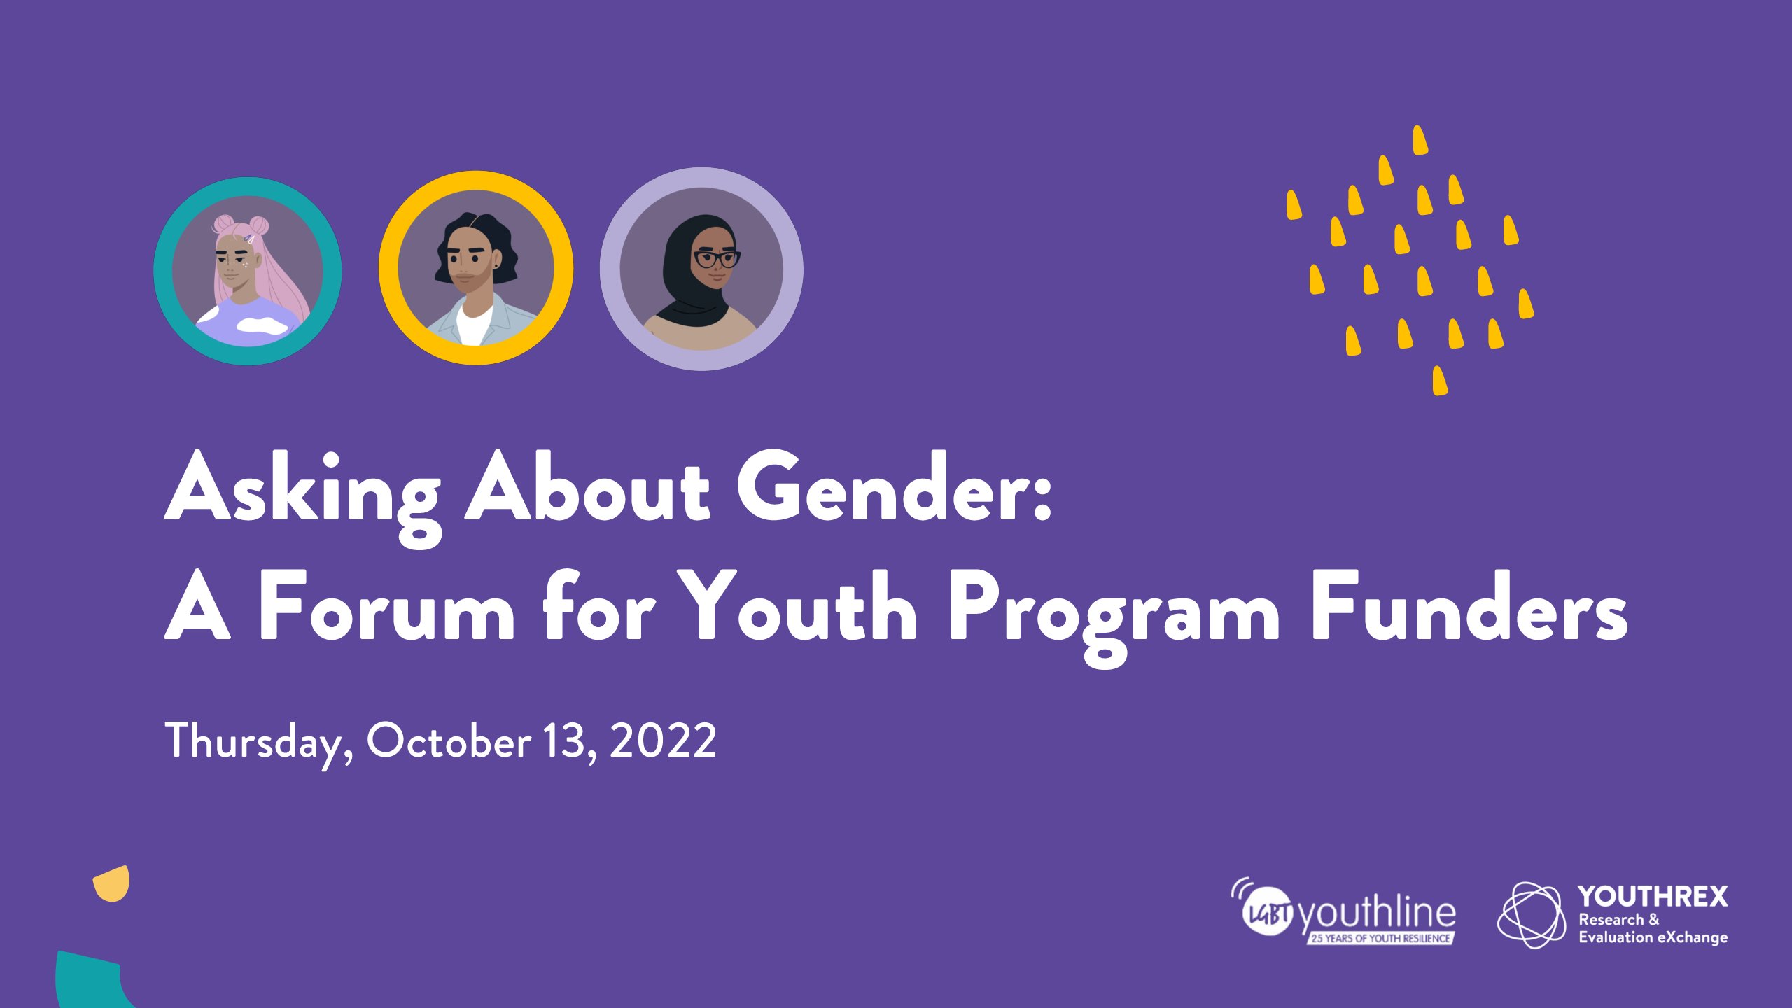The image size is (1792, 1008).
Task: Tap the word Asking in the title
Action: click(303, 497)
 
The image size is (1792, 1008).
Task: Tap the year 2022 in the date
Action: click(663, 741)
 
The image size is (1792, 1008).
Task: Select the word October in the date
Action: click(449, 741)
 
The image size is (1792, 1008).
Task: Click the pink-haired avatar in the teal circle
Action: click(248, 271)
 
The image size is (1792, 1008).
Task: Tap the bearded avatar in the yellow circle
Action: click(476, 268)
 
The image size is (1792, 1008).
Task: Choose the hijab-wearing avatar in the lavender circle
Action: click(701, 269)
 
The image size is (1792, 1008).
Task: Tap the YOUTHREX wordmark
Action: click(1653, 897)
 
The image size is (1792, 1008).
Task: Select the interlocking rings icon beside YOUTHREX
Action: click(1532, 915)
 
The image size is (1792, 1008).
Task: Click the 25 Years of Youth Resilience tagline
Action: click(1380, 938)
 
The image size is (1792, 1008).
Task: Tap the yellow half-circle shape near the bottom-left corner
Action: click(113, 883)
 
